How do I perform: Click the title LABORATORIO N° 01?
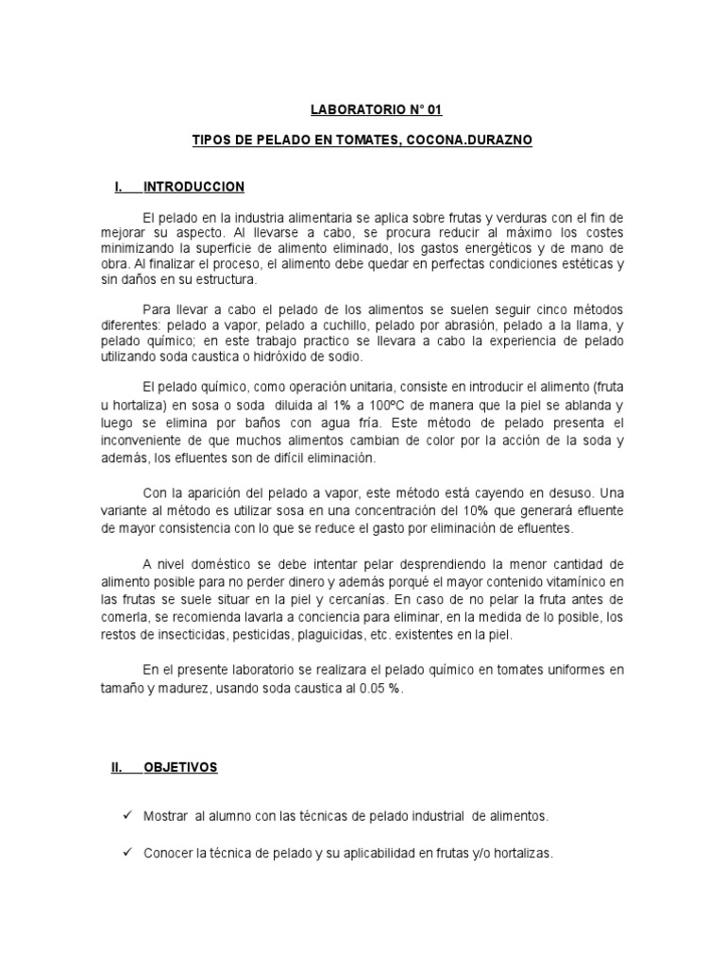[362, 109]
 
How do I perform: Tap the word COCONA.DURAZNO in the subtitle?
[480, 139]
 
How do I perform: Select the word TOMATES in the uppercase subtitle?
[361, 139]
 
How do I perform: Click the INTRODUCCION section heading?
[194, 187]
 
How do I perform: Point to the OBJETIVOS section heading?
[180, 768]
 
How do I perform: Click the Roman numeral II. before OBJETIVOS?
[118, 768]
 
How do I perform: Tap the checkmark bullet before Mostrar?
[128, 813]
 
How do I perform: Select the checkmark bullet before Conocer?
[128, 853]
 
